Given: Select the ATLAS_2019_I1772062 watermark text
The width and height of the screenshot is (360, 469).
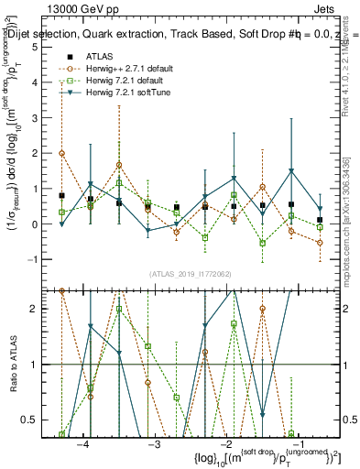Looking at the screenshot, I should (190, 273).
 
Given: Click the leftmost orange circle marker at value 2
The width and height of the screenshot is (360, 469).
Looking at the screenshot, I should (61, 153).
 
